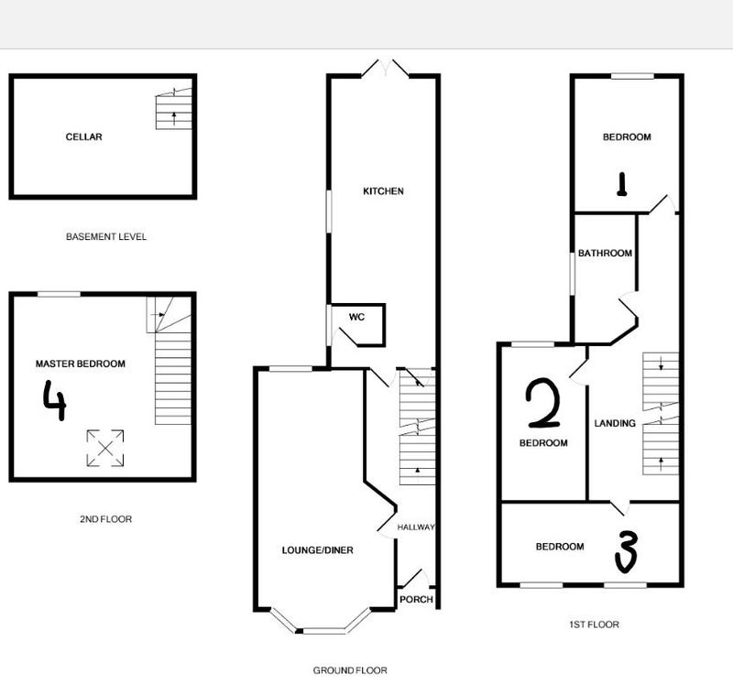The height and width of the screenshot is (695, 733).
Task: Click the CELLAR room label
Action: pyautogui.click(x=83, y=136)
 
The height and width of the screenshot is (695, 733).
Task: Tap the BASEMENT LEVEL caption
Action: pyautogui.click(x=106, y=237)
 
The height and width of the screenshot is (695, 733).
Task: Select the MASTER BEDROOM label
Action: pyautogui.click(x=81, y=364)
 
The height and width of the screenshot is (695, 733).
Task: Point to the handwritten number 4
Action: pyautogui.click(x=55, y=400)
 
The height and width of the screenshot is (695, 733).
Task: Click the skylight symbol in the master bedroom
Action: pyautogui.click(x=105, y=449)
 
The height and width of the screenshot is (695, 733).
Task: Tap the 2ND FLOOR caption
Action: pyautogui.click(x=105, y=519)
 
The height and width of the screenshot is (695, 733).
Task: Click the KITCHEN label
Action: pyautogui.click(x=383, y=191)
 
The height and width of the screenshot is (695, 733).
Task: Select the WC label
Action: pyautogui.click(x=356, y=317)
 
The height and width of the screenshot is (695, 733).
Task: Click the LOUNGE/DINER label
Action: pyautogui.click(x=317, y=550)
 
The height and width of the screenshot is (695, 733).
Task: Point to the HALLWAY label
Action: pyautogui.click(x=416, y=527)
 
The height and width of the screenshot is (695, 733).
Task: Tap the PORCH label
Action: pyautogui.click(x=417, y=599)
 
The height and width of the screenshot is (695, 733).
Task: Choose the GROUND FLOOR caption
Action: pyautogui.click(x=350, y=670)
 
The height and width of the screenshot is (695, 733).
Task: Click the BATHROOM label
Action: pyautogui.click(x=605, y=253)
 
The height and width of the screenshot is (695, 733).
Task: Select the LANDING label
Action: pyautogui.click(x=615, y=423)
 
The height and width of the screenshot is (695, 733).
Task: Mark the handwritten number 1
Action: pyautogui.click(x=622, y=184)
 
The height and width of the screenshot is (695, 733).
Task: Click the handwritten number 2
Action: pyautogui.click(x=543, y=404)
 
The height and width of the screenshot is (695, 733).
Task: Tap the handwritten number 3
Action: pyautogui.click(x=627, y=553)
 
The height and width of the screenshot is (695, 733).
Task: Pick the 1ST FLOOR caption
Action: pyautogui.click(x=594, y=624)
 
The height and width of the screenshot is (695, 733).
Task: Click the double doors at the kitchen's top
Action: pyautogui.click(x=386, y=68)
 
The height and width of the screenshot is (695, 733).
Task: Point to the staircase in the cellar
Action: pyautogui.click(x=173, y=108)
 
